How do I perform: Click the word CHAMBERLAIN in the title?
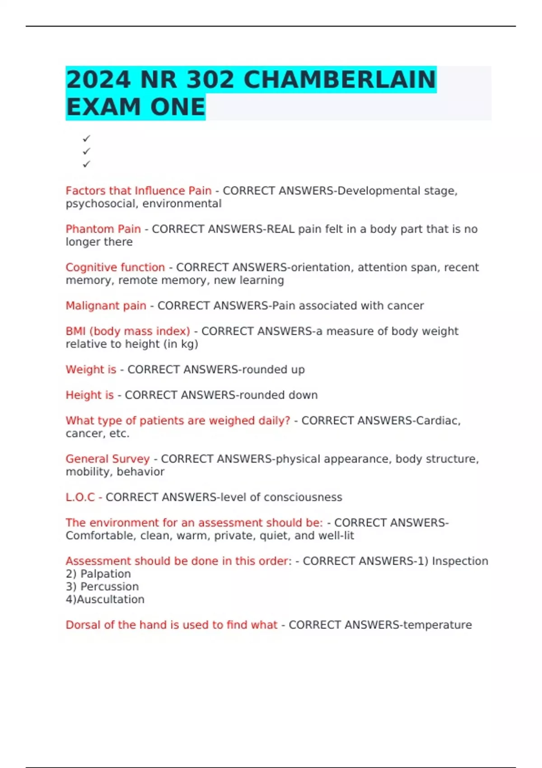[x=339, y=80]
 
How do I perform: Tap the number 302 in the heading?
[x=210, y=80]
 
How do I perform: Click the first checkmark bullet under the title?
[x=86, y=138]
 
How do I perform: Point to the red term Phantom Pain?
[x=103, y=229]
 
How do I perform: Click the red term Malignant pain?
[x=106, y=306]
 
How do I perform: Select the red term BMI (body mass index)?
[x=128, y=331]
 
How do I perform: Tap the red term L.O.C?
[x=80, y=497]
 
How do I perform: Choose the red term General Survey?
[x=107, y=459]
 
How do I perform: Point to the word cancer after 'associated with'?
[x=405, y=306]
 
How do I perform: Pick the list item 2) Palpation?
[x=98, y=574]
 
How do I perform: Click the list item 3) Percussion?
[x=102, y=586]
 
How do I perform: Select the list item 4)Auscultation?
[x=105, y=599]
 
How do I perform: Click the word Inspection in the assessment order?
[x=460, y=561]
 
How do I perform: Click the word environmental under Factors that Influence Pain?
[x=182, y=204]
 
